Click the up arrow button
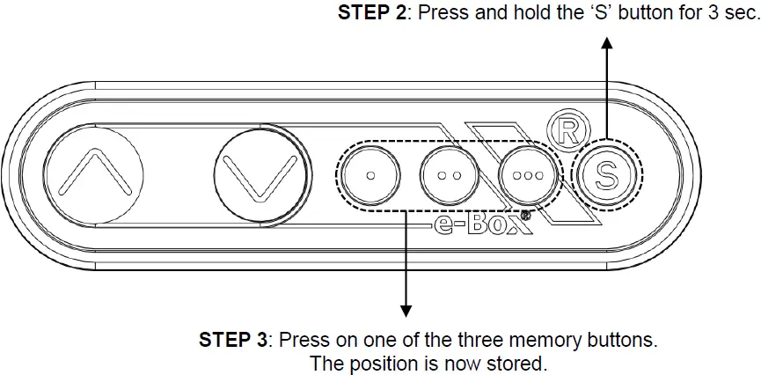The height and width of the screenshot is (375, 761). tap(93, 175)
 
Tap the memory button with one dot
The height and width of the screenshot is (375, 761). tap(370, 175)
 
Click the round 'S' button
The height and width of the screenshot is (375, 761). tap(606, 175)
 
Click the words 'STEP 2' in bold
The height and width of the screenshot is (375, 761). tap(372, 12)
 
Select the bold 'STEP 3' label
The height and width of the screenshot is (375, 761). tap(232, 339)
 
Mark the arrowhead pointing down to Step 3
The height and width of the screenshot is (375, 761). tap(406, 312)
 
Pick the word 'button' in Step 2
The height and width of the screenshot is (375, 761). tap(640, 12)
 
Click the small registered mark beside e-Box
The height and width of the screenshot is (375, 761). tap(524, 215)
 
